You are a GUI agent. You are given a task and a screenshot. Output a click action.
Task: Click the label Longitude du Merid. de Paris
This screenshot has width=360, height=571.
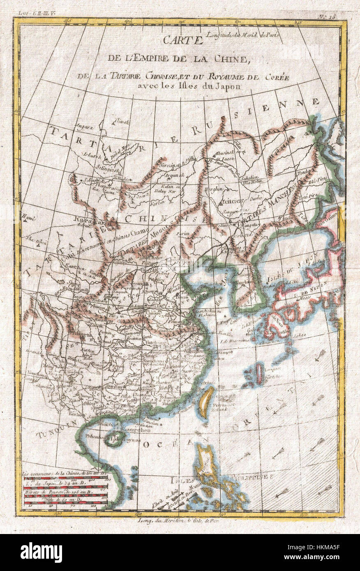(x=244, y=35)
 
